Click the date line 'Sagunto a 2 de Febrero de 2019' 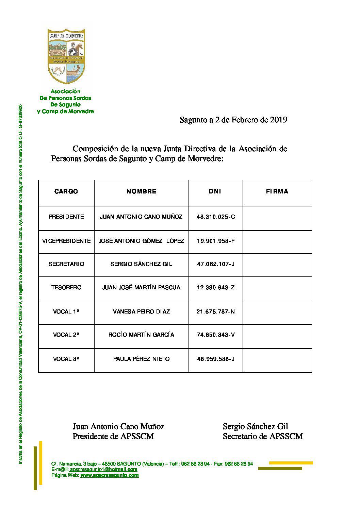(x=233, y=120)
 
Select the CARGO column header (x=66, y=191)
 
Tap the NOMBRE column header (x=141, y=191)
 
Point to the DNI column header (x=215, y=191)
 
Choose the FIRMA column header (x=277, y=191)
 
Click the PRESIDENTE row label (x=66, y=217)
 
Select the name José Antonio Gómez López (x=141, y=241)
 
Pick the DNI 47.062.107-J (x=215, y=264)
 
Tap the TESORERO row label (x=66, y=287)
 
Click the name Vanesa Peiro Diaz (x=141, y=311)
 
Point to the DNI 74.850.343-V (x=215, y=335)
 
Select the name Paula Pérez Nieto (x=141, y=359)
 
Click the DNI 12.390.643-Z (x=215, y=287)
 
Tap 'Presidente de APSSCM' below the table (x=113, y=436)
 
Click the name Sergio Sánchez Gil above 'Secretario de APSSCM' (x=255, y=426)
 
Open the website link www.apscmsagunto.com (x=109, y=475)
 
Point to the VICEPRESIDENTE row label (x=66, y=241)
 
